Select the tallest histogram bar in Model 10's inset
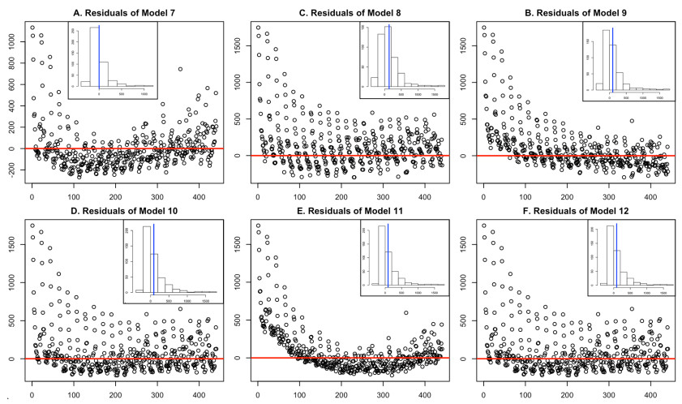(x=146, y=258)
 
